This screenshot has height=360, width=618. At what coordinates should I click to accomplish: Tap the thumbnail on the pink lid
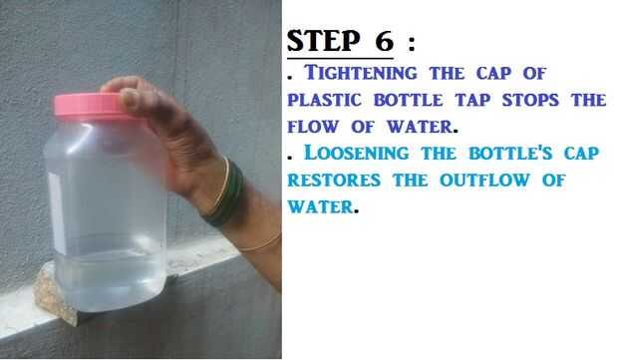(x=129, y=99)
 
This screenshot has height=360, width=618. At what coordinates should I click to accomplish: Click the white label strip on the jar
(x=58, y=214)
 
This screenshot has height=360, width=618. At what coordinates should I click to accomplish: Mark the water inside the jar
(x=111, y=281)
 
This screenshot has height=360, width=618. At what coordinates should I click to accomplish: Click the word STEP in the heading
(x=324, y=40)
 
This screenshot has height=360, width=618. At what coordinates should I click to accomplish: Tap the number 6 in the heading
(x=385, y=40)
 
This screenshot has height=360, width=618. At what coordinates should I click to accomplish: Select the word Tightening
(x=361, y=73)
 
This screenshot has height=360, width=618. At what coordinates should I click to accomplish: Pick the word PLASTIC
(x=324, y=100)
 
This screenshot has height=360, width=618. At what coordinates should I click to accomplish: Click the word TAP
(x=472, y=100)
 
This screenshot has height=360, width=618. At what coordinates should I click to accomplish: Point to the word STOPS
(x=530, y=100)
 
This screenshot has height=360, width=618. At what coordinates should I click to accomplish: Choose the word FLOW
(x=313, y=127)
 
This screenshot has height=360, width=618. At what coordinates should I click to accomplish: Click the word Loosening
(x=357, y=153)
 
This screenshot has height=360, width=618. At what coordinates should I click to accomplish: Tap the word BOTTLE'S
(x=510, y=153)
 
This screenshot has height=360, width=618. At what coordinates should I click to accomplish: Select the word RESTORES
(x=334, y=180)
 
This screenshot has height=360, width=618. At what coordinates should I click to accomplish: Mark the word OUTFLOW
(x=484, y=180)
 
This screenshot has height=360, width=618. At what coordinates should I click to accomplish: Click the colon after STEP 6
(x=412, y=42)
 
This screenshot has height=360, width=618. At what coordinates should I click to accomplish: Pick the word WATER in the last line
(x=320, y=206)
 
